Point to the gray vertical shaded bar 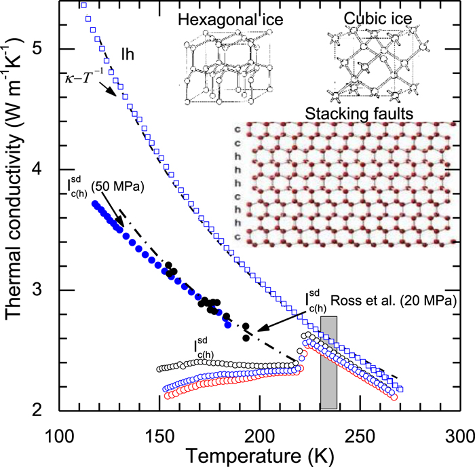pyautogui.click(x=328, y=362)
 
